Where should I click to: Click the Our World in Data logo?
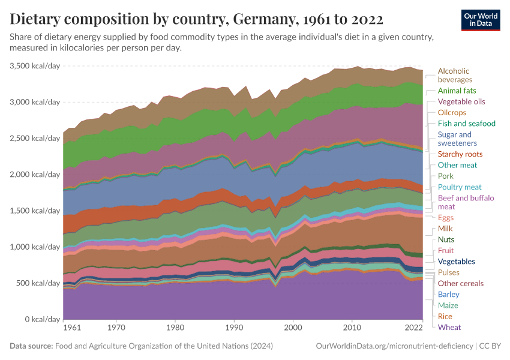(x=480, y=19)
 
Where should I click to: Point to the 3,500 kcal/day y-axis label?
(x=35, y=66)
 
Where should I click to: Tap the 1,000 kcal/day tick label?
(x=35, y=247)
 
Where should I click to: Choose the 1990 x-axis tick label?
(x=234, y=328)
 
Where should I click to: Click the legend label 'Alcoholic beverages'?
(x=455, y=75)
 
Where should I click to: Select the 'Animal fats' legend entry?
(x=457, y=91)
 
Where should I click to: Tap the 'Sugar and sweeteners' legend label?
(x=457, y=139)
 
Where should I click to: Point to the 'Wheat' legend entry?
(x=449, y=327)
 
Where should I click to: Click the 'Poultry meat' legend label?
(x=460, y=187)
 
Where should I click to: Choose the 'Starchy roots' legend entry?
(x=460, y=154)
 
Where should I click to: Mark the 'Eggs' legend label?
(x=446, y=218)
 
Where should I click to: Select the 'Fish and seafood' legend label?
(x=467, y=124)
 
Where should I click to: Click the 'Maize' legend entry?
(x=448, y=305)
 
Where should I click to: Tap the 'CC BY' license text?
(x=490, y=346)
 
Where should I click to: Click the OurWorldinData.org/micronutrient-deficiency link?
(x=394, y=346)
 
